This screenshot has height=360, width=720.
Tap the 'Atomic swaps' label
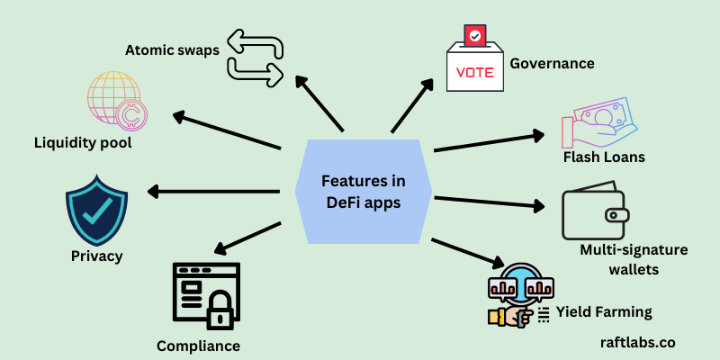tap(172, 49)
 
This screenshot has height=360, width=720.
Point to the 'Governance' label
tap(552, 63)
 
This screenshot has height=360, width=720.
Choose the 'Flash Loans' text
tap(603, 157)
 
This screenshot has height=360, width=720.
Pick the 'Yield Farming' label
tap(603, 312)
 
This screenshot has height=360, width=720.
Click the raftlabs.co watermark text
tap(637, 342)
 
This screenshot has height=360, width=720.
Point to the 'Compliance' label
tap(198, 346)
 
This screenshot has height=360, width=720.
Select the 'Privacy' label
tap(96, 256)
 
